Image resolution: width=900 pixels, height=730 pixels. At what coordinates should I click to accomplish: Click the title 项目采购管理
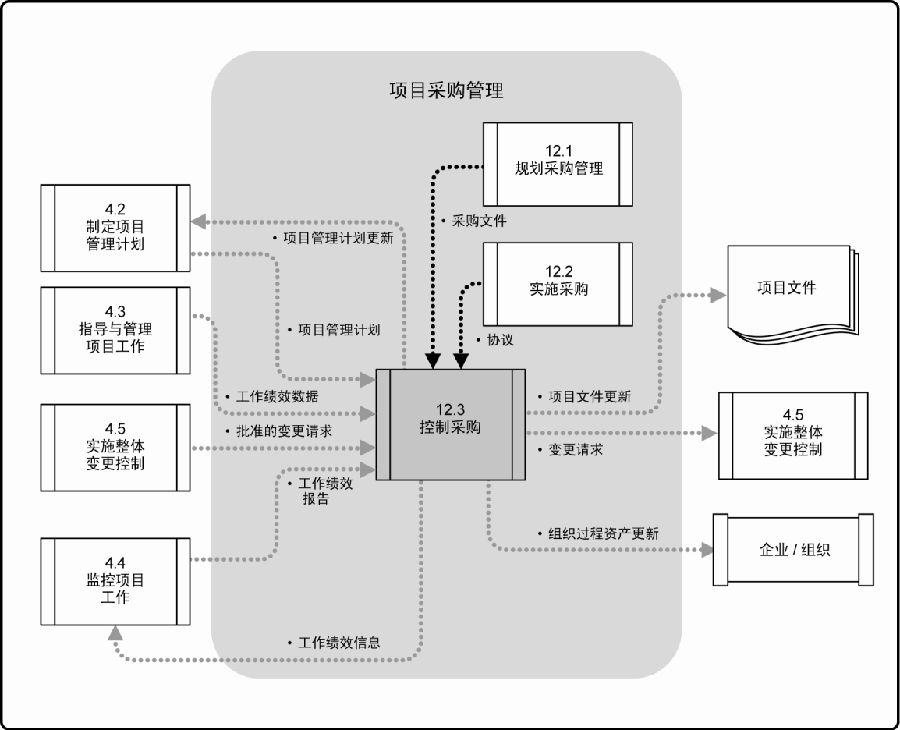446,91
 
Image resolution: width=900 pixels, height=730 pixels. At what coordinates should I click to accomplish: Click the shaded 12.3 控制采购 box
450,424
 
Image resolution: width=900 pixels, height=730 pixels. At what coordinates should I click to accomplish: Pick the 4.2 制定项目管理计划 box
115,227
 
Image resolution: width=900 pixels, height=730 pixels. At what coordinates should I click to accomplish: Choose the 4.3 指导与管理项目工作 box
115,329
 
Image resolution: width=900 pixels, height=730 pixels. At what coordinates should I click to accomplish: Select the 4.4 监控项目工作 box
115,580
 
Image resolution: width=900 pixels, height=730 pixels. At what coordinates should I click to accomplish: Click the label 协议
500,340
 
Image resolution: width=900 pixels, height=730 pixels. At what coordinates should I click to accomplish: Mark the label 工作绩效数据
278,396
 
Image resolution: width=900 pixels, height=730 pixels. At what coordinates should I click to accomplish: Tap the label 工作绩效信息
338,642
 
